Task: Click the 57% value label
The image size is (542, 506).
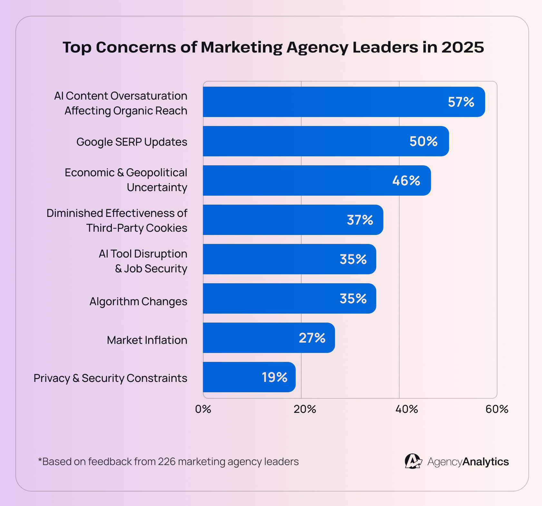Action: point(461,102)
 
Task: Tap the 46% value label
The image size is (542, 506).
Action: point(406,181)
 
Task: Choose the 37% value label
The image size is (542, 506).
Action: point(360,220)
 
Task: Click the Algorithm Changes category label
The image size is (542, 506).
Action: point(138,301)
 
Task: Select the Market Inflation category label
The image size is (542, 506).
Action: point(147,340)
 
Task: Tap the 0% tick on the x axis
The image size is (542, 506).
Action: point(203,409)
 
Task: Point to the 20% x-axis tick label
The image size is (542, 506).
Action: point(305,409)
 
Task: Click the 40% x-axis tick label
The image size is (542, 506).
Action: point(406,409)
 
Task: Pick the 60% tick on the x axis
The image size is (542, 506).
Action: point(497,409)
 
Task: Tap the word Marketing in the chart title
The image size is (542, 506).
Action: point(242,47)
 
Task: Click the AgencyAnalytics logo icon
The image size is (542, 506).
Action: point(413,461)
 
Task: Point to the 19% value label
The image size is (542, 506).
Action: point(274,377)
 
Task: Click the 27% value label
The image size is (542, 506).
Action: point(312,338)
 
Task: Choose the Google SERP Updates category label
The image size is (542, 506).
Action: point(131,142)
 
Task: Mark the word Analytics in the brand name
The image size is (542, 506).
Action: point(486,462)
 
